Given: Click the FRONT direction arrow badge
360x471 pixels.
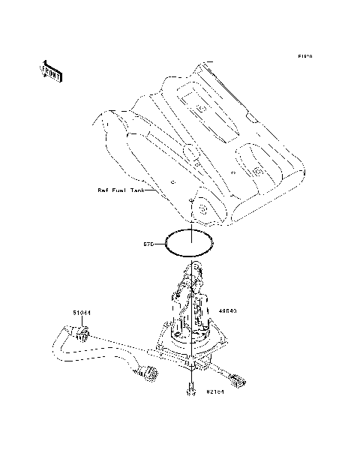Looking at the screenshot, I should pos(51,70).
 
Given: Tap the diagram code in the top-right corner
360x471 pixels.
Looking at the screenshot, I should pos(304,56).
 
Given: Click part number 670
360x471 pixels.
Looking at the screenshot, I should pos(148,244).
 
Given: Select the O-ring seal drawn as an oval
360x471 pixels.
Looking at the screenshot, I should pos(191,244).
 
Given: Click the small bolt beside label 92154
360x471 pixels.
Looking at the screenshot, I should pos(192,391).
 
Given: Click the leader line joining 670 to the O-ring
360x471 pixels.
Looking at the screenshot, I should pos(161,244).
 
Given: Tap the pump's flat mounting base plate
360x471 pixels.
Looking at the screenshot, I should pos(187,352).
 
